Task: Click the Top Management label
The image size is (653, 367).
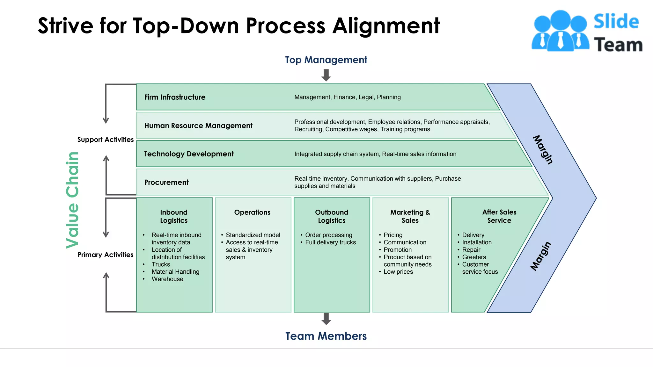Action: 326,60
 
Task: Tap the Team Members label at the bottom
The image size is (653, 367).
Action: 326,336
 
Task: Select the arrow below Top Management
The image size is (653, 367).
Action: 326,76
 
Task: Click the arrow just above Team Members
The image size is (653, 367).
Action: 326,319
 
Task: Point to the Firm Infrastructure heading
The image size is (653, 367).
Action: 175,97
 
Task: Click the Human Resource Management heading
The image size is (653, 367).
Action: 198,126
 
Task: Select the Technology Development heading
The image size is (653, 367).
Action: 189,154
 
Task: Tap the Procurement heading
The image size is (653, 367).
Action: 166,182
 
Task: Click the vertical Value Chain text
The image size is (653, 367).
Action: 72,200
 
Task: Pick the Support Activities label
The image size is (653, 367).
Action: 106,140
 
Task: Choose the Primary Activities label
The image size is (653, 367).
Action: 106,255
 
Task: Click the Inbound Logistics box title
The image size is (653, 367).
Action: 174,216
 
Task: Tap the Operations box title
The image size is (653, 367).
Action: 252,212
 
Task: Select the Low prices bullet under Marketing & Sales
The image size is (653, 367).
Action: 398,272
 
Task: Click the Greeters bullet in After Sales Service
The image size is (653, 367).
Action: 474,257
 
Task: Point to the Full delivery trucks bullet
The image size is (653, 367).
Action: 330,242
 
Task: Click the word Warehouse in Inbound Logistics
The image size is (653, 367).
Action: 167,279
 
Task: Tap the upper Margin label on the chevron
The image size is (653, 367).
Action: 543,150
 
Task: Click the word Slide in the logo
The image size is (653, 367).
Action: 616,22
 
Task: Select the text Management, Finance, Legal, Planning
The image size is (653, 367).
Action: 347,97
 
